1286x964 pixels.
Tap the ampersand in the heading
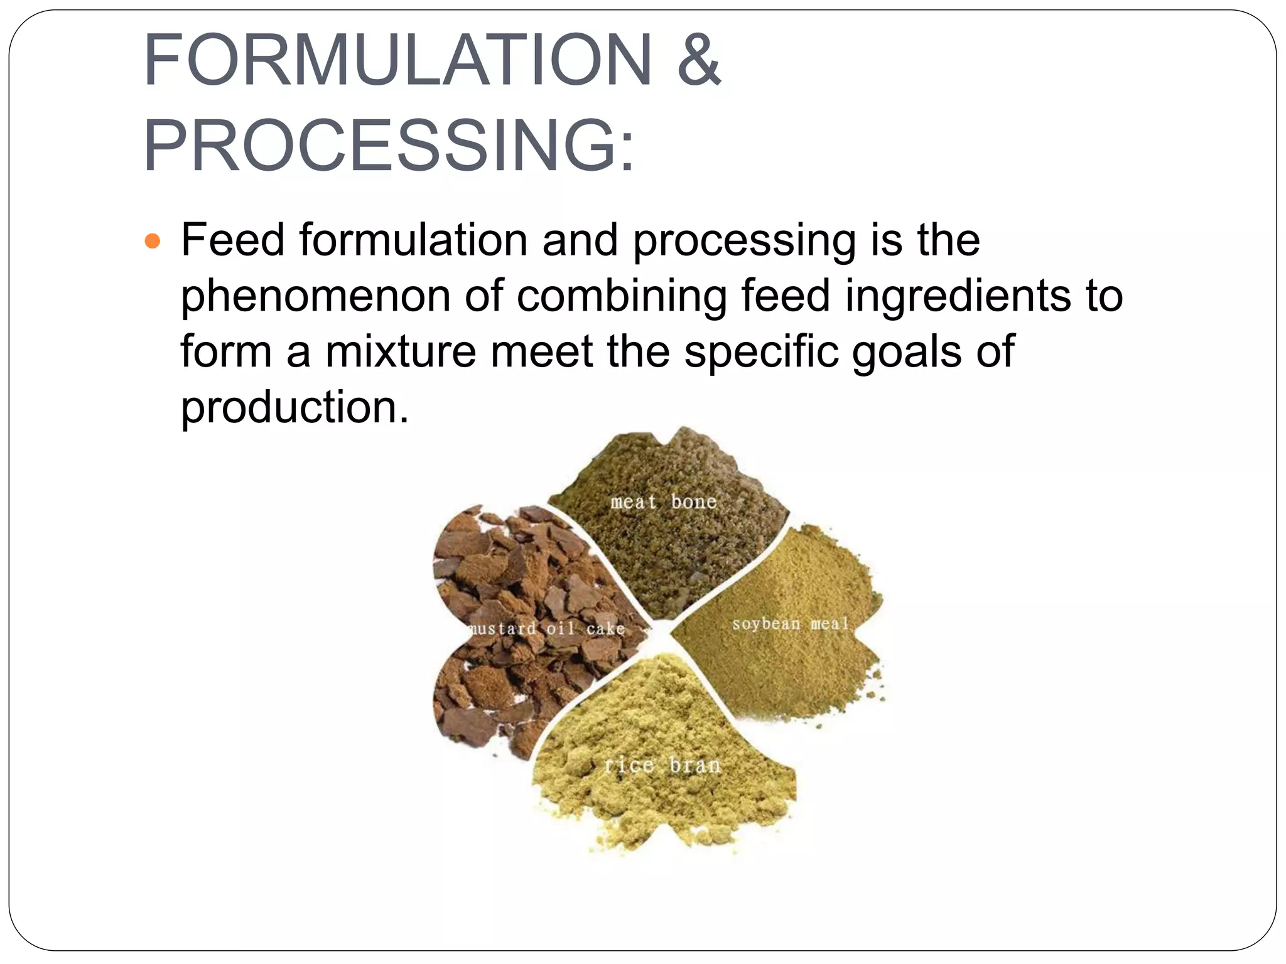[x=699, y=60]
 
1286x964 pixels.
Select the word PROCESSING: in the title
[x=389, y=146]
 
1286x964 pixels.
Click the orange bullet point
[x=153, y=241]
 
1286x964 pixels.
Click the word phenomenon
[x=315, y=296]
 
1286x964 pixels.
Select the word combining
[x=621, y=296]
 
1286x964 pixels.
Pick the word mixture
[x=401, y=351]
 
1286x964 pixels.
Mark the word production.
[x=294, y=407]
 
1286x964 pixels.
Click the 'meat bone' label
[x=663, y=502]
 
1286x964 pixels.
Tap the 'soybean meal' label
[x=791, y=624]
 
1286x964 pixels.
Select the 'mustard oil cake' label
[x=546, y=628]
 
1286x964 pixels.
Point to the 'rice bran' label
[x=662, y=765]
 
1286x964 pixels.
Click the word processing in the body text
[x=744, y=241]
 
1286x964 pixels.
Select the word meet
[x=541, y=351]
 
